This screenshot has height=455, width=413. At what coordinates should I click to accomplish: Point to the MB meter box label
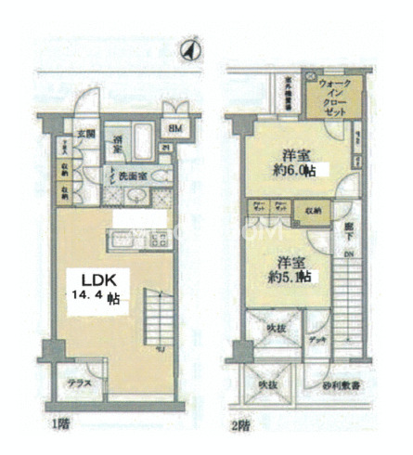pos(174,128)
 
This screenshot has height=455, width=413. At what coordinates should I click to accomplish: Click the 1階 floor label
pos(61,425)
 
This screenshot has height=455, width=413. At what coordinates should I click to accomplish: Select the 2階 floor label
pos(239,425)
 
